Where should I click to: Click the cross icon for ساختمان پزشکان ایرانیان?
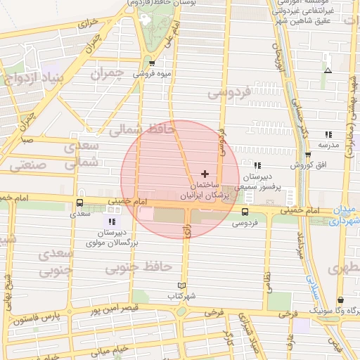205,173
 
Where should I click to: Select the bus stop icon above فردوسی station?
245,212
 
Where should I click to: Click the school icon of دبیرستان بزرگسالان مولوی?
112,222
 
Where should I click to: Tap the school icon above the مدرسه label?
328,134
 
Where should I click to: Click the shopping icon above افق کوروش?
308,155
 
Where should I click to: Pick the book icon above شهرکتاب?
183,285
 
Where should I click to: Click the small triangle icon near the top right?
328,70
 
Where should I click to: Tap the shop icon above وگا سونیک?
340,300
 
